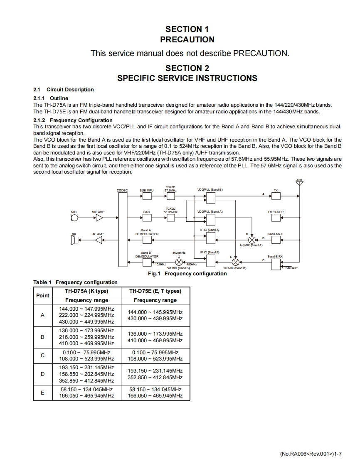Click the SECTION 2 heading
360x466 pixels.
[187, 68]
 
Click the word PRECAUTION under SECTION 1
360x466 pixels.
[187, 40]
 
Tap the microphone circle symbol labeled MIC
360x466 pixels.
[74, 218]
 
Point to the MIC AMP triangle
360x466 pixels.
[98, 218]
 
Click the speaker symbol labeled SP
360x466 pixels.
[74, 240]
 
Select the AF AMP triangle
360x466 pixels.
[98, 240]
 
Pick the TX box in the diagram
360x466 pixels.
[276, 196]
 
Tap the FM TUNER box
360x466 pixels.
[276, 218]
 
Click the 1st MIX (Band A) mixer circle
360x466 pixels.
[252, 240]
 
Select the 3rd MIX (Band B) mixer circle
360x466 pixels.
[179, 262]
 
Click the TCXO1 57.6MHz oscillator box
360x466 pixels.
[170, 196]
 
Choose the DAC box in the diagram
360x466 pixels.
[146, 218]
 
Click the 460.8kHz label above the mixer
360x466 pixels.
[179, 253]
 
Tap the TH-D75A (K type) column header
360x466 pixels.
[87, 291]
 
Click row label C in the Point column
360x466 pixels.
[42, 356]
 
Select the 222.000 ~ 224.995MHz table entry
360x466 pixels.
[86, 315]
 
